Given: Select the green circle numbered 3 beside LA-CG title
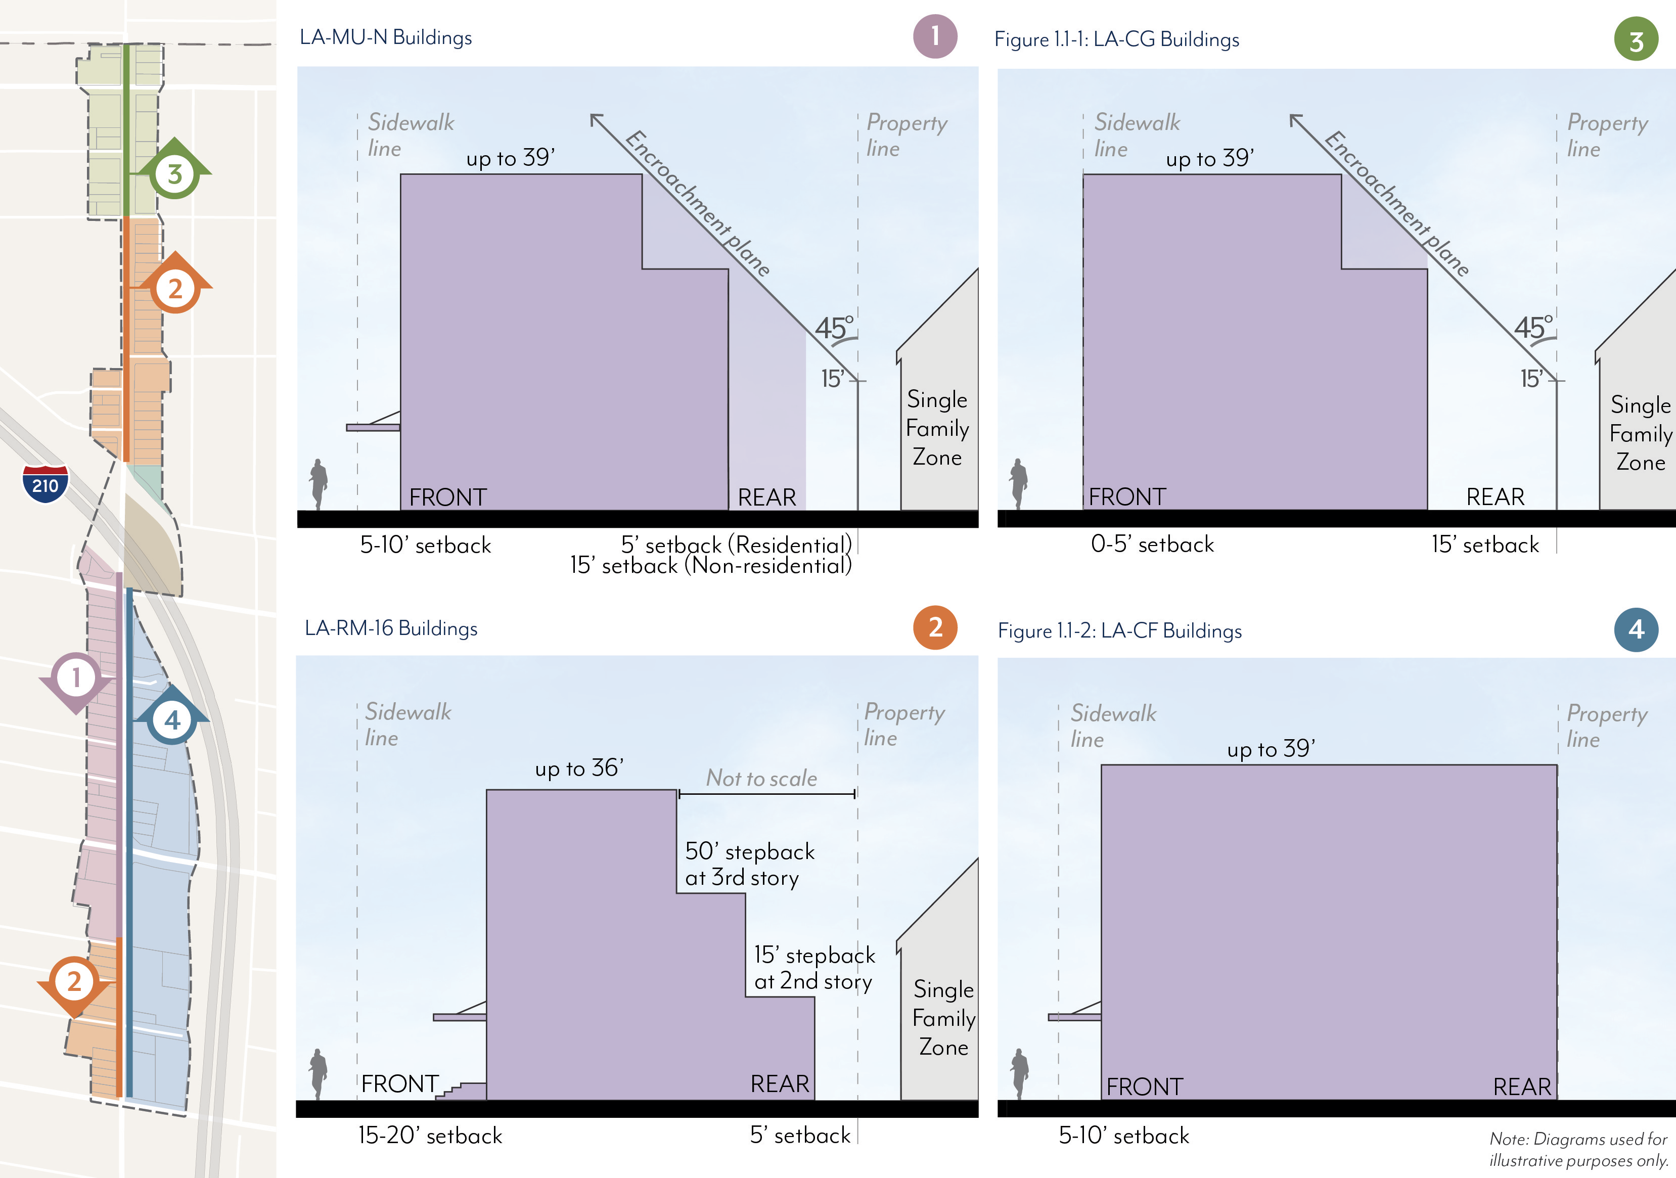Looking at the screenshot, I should [1636, 39].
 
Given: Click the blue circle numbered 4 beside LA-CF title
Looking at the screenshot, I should [1636, 629].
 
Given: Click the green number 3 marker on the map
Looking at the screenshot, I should [174, 174].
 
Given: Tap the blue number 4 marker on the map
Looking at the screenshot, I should [171, 720].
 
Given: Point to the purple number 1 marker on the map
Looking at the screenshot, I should [76, 677].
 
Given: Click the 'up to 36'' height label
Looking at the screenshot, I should [579, 768].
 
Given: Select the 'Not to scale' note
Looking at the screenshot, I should [761, 778].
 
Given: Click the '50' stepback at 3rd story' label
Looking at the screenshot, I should [749, 864].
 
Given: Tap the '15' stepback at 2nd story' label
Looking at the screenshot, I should [814, 968].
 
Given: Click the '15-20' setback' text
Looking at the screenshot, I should [430, 1136].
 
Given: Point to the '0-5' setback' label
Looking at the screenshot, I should [1152, 545].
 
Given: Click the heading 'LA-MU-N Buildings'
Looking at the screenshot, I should [385, 37].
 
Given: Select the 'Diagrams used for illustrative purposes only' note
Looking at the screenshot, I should [1578, 1150].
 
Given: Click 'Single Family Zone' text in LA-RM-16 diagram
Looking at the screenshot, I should [943, 1018].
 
